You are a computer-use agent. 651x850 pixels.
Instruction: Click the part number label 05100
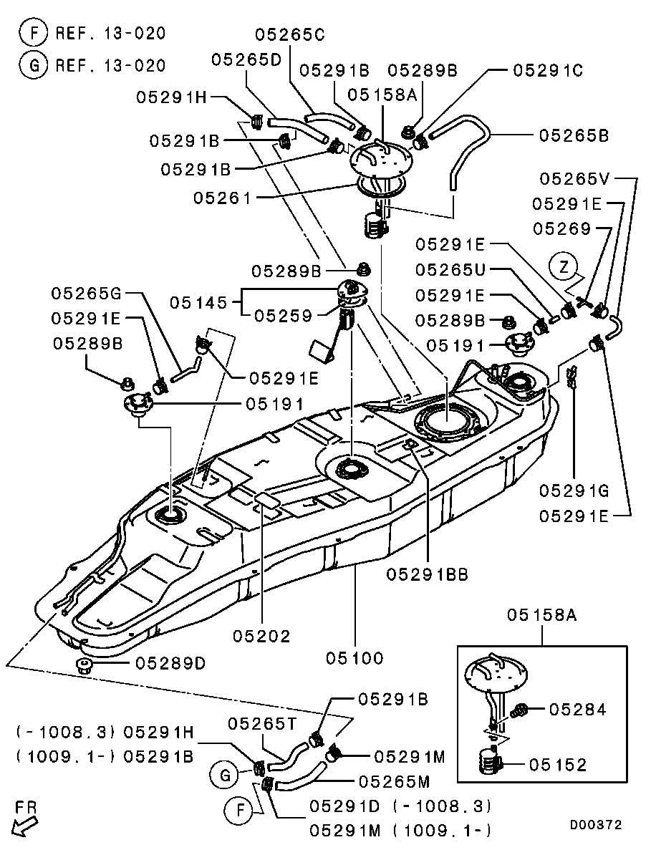pyautogui.click(x=355, y=657)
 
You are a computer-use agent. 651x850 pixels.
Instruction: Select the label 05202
pyautogui.click(x=262, y=636)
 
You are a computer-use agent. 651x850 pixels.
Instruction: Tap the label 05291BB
pyautogui.click(x=427, y=574)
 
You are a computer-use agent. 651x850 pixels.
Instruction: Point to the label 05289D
pyautogui.click(x=170, y=663)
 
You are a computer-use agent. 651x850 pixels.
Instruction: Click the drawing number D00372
pyautogui.click(x=596, y=825)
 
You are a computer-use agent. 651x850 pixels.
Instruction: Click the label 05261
pyautogui.click(x=222, y=197)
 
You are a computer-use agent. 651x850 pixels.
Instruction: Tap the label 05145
pyautogui.click(x=198, y=303)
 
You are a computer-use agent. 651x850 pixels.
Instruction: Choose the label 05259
pyautogui.click(x=284, y=314)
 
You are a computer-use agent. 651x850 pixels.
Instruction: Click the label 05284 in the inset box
pyautogui.click(x=578, y=710)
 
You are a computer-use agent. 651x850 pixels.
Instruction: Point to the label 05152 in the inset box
pyautogui.click(x=559, y=765)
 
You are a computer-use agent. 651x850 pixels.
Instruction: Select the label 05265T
pyautogui.click(x=263, y=723)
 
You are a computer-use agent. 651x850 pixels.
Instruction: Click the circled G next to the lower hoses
pyautogui.click(x=223, y=775)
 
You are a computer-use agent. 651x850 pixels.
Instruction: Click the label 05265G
pyautogui.click(x=86, y=293)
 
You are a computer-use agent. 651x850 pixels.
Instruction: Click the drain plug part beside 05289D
pyautogui.click(x=85, y=667)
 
